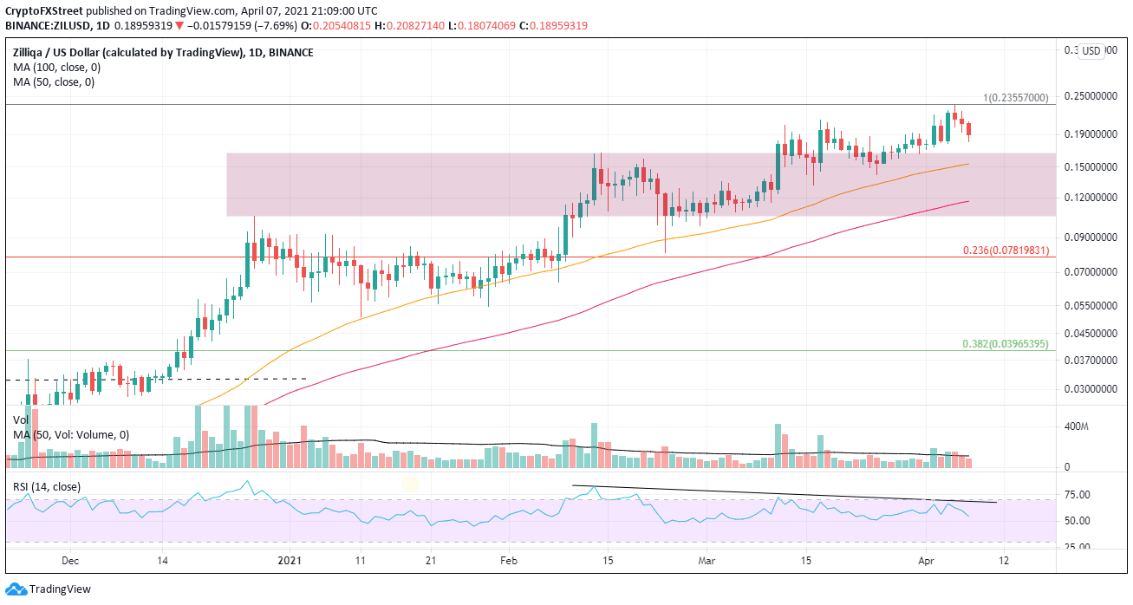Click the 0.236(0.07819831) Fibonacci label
tap(1006, 250)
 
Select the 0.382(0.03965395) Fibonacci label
tap(1006, 344)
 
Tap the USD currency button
tap(1091, 51)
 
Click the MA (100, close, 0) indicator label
tap(52, 68)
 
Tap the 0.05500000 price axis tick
tap(1091, 306)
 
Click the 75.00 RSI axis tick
tap(1077, 495)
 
